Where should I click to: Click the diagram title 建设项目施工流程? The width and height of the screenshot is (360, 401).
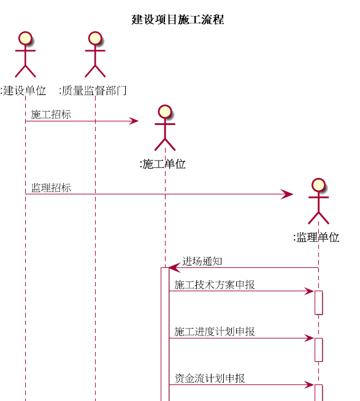click(x=178, y=20)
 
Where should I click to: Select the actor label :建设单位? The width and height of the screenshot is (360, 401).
click(x=23, y=91)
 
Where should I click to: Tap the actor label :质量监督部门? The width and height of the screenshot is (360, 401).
click(x=93, y=91)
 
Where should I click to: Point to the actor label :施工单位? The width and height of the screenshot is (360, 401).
click(x=163, y=164)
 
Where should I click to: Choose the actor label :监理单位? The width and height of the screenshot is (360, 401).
click(x=316, y=237)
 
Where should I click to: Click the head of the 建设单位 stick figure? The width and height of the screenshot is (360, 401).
click(x=25, y=39)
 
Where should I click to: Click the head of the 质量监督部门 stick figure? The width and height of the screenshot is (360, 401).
click(x=95, y=39)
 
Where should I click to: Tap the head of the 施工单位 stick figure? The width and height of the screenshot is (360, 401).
click(x=165, y=112)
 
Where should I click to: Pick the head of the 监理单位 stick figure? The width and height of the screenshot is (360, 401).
click(x=318, y=185)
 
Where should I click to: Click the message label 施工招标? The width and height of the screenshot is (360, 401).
click(x=51, y=114)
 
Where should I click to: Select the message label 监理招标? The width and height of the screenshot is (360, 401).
click(x=51, y=188)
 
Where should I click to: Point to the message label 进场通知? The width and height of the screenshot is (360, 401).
click(x=202, y=261)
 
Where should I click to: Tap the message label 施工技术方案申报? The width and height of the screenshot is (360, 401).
click(x=215, y=285)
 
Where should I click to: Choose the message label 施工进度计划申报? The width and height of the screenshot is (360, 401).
click(x=215, y=332)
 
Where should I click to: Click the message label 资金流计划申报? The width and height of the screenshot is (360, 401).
click(x=210, y=378)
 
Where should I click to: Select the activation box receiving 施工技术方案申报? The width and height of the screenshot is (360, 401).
click(x=318, y=302)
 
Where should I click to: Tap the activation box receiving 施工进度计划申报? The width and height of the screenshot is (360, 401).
click(x=318, y=349)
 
